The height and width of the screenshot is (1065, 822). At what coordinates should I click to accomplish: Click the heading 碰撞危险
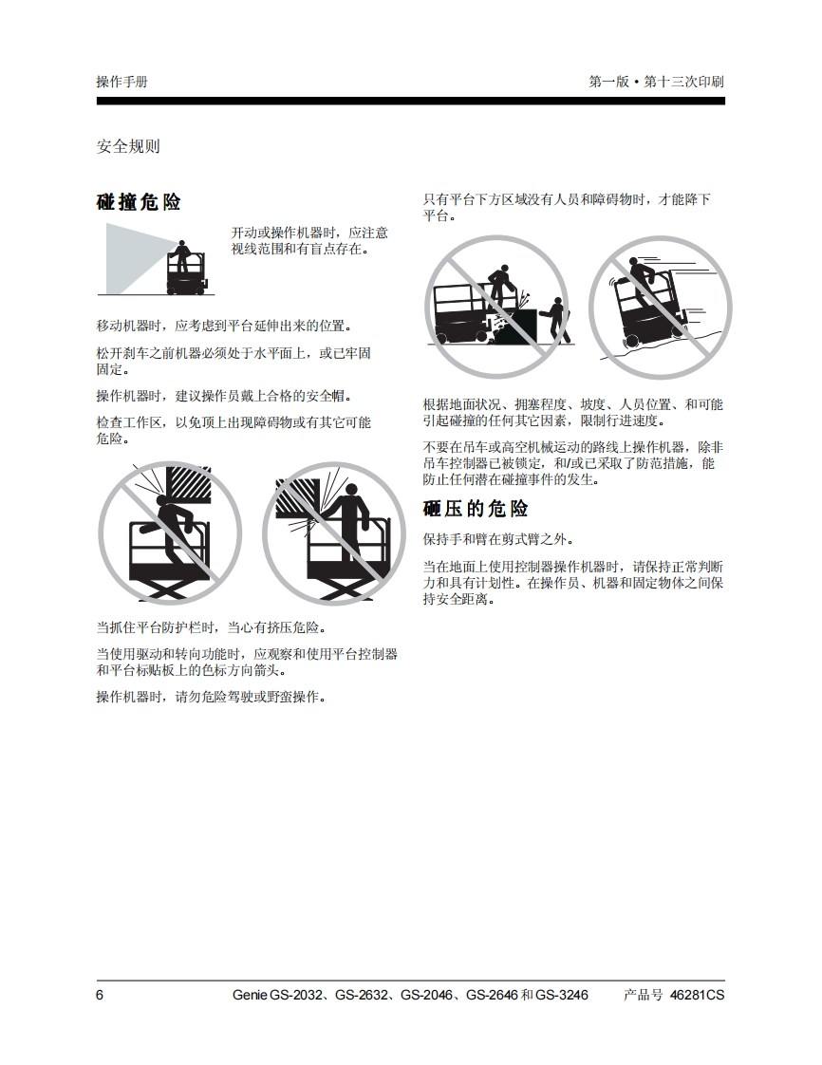pyautogui.click(x=139, y=202)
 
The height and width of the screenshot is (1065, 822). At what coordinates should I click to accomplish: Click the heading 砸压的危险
pyautogui.click(x=476, y=509)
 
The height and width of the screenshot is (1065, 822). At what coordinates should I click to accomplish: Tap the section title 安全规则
pyautogui.click(x=128, y=146)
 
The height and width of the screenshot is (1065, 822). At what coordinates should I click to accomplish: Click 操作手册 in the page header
pyautogui.click(x=122, y=82)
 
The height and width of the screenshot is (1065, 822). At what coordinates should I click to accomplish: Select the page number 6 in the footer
pyautogui.click(x=100, y=995)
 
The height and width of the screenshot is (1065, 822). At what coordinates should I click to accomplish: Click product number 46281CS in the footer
pyautogui.click(x=697, y=995)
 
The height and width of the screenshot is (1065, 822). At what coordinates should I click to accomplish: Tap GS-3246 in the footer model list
pyautogui.click(x=562, y=995)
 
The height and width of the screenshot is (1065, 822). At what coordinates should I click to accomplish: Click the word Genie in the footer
pyautogui.click(x=250, y=995)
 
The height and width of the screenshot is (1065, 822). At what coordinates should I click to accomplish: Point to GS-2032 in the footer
pyautogui.click(x=295, y=995)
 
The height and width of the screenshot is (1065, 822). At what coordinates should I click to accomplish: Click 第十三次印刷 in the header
pyautogui.click(x=683, y=82)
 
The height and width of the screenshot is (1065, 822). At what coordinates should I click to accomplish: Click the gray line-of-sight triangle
pyautogui.click(x=133, y=258)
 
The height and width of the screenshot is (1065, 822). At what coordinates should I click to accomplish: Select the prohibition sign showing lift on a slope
pyautogui.click(x=661, y=308)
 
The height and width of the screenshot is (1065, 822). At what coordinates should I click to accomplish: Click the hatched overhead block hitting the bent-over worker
pyautogui.click(x=189, y=483)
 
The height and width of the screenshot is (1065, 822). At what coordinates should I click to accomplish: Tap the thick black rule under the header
pyautogui.click(x=410, y=102)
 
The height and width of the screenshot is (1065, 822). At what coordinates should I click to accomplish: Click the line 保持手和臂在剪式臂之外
pyautogui.click(x=498, y=540)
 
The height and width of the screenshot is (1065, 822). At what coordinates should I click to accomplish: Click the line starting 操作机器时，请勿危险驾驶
pyautogui.click(x=212, y=697)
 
